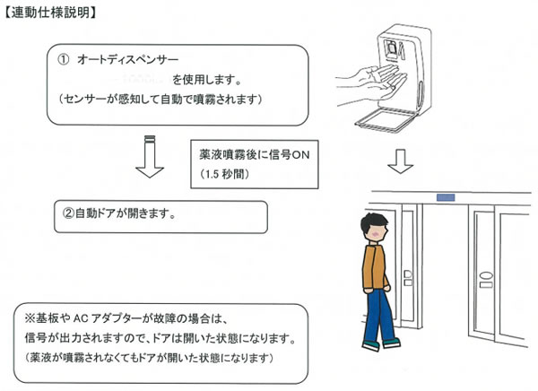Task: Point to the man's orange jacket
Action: click(375, 270)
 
